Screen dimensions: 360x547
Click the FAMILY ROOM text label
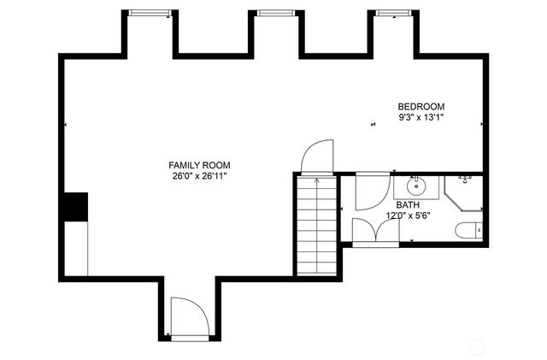[199, 165]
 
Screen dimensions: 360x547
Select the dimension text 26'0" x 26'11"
[199, 176]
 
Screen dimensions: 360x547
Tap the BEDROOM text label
[421, 106]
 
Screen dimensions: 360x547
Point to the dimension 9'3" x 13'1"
[421, 117]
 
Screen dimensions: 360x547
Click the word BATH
[408, 205]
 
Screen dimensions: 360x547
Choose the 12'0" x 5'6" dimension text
[408, 216]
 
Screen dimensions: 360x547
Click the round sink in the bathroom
[417, 186]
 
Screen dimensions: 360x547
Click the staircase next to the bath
[316, 227]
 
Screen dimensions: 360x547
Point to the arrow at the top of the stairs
[316, 180]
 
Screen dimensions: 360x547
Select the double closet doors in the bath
[374, 231]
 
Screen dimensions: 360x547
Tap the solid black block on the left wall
[77, 207]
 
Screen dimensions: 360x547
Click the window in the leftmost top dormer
[150, 13]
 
